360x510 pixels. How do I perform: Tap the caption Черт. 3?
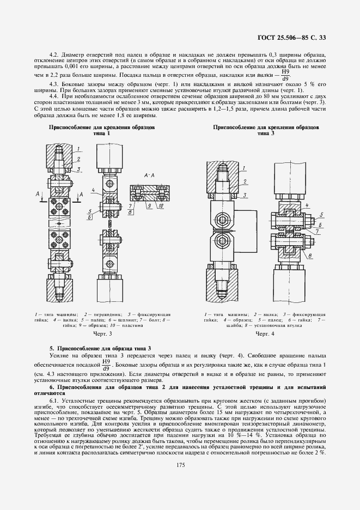102,333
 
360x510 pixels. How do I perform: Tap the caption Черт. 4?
265,333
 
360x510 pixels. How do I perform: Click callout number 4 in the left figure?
93,189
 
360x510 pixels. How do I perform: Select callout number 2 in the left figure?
79,159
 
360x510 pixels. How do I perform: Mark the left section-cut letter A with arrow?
36,193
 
